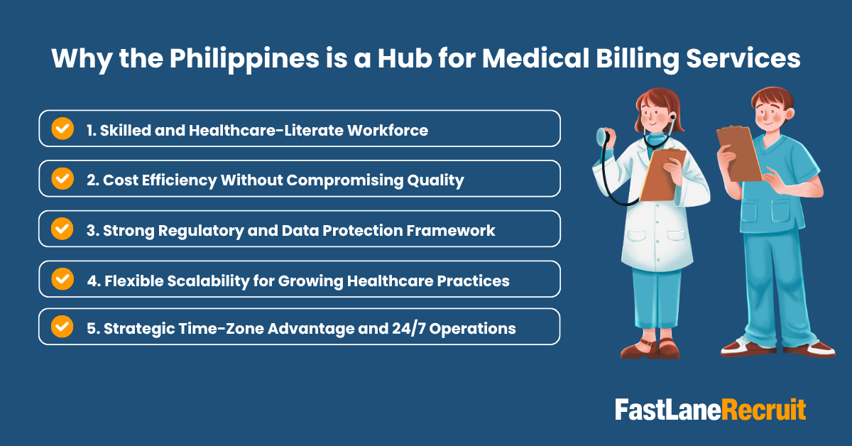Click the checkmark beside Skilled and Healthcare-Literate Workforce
click(62, 129)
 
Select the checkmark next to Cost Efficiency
click(62, 179)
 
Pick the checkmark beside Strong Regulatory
click(62, 229)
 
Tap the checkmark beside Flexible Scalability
click(62, 279)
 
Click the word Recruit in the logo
click(764, 410)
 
